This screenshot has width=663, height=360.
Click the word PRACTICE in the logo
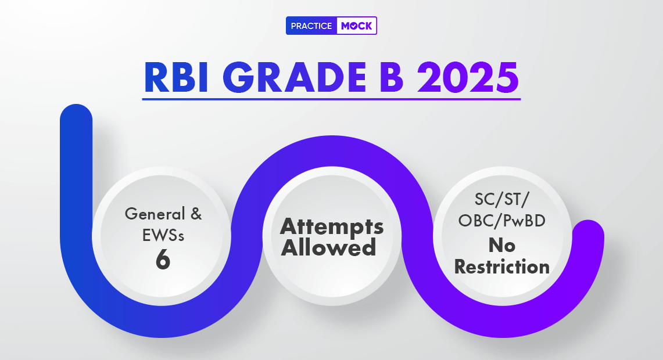[x=311, y=26]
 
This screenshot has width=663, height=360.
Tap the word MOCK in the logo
[x=356, y=26]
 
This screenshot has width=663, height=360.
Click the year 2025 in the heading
[x=468, y=77]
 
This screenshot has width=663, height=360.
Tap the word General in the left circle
[x=155, y=214]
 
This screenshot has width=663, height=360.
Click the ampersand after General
[x=196, y=214]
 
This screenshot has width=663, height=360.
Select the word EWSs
[x=163, y=235]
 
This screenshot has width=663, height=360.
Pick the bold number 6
[x=163, y=260]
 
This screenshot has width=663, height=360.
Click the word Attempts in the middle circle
[x=332, y=228]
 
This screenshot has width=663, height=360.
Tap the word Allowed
[x=328, y=247]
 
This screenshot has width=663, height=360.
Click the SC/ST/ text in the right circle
[x=502, y=199]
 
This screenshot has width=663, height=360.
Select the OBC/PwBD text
[x=502, y=221]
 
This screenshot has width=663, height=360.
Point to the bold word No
[x=502, y=245]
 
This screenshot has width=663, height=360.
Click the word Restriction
[x=502, y=267]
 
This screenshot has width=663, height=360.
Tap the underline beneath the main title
[x=331, y=99]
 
